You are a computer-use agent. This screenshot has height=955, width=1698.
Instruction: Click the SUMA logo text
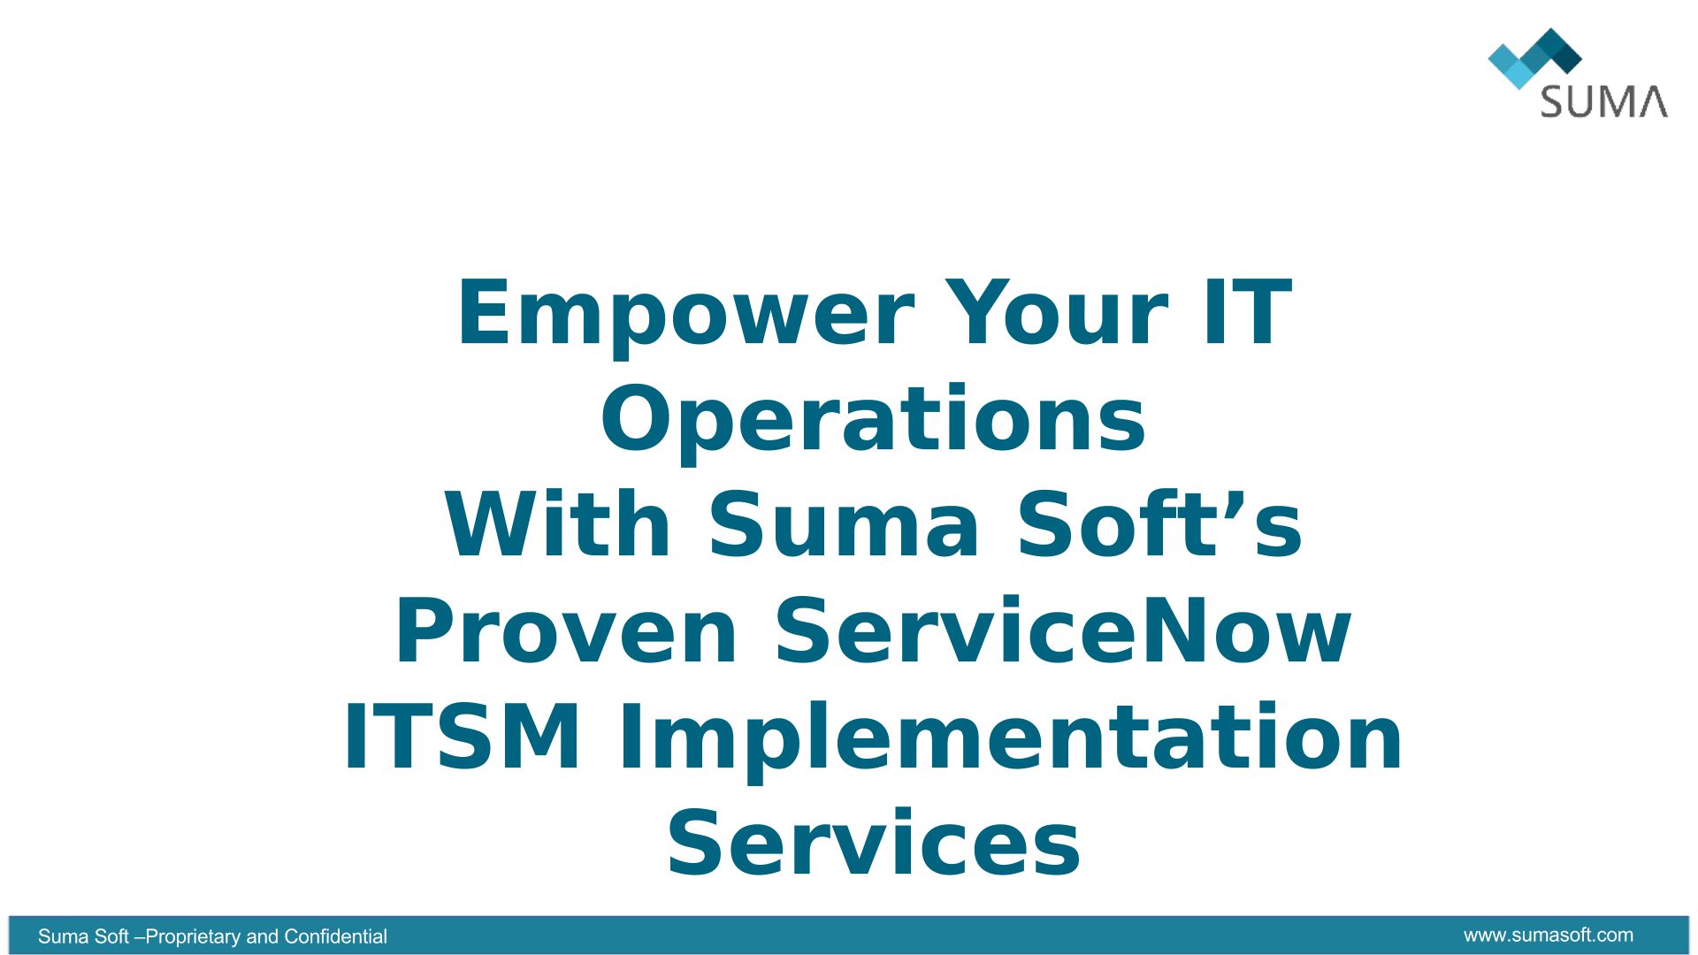1603,102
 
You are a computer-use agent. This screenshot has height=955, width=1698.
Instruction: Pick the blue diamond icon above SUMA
1534,58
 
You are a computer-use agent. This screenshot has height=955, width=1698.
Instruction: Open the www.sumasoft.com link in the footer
1548,935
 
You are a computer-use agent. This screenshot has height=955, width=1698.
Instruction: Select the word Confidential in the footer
335,936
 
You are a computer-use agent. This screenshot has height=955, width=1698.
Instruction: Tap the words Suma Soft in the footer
83,936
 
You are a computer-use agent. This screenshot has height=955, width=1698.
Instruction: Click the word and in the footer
262,936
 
